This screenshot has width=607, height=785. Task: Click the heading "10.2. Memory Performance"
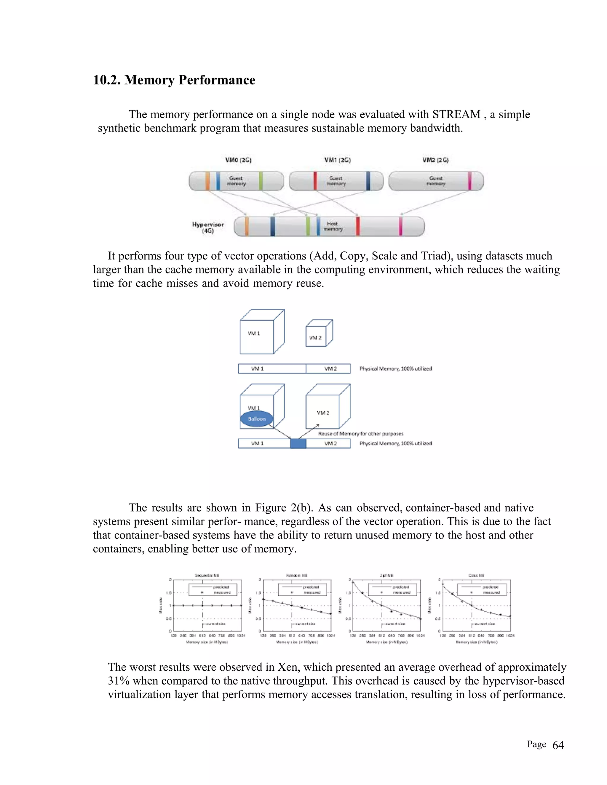click(174, 80)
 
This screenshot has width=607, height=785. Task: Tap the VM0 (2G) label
click(238, 160)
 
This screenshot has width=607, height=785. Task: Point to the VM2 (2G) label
click(435, 160)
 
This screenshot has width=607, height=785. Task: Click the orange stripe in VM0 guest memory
click(207, 181)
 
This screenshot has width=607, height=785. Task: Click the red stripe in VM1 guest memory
click(315, 181)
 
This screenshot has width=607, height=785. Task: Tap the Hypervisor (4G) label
click(208, 227)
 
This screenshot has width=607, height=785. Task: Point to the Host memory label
click(333, 226)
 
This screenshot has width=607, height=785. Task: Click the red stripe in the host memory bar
click(358, 226)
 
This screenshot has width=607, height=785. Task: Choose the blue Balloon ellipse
click(257, 419)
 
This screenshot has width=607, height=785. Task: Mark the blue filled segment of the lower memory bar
click(298, 443)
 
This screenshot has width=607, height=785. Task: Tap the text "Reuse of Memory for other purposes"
click(361, 434)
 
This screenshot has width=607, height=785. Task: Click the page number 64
click(558, 746)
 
